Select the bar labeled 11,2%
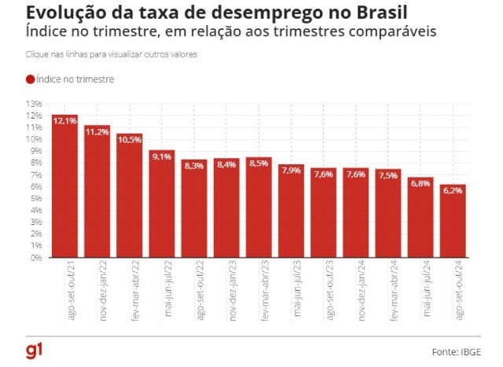tap(97, 192)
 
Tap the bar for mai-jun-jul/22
tap(161, 204)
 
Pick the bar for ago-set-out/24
tap(453, 221)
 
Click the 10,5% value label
tap(130, 140)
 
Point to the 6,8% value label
tap(420, 184)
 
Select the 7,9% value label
tap(291, 171)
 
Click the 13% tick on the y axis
tap(34, 104)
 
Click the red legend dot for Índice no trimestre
tap(31, 79)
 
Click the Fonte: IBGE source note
tap(457, 350)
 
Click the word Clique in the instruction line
tap(37, 55)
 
